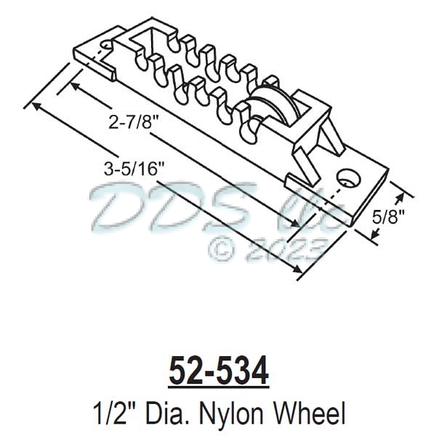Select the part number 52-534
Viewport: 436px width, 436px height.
(x=218, y=371)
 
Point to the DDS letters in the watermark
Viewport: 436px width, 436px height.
(x=145, y=205)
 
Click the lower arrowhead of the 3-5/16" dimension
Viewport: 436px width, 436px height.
(x=299, y=272)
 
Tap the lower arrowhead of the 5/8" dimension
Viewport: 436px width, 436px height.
(x=375, y=234)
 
